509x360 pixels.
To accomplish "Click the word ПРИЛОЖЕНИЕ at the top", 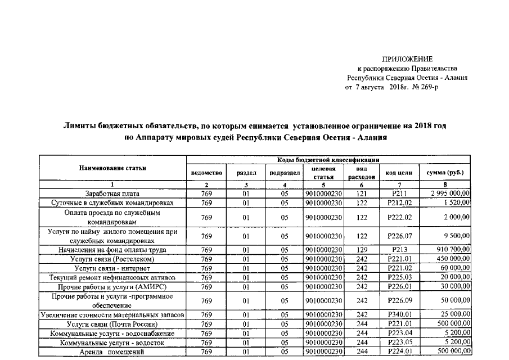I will [x=407, y=59].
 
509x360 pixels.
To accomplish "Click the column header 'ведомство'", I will [x=207, y=172].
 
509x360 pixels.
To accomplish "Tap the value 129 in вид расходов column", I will [x=362, y=250].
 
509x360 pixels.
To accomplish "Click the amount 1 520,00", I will [x=457, y=202].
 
